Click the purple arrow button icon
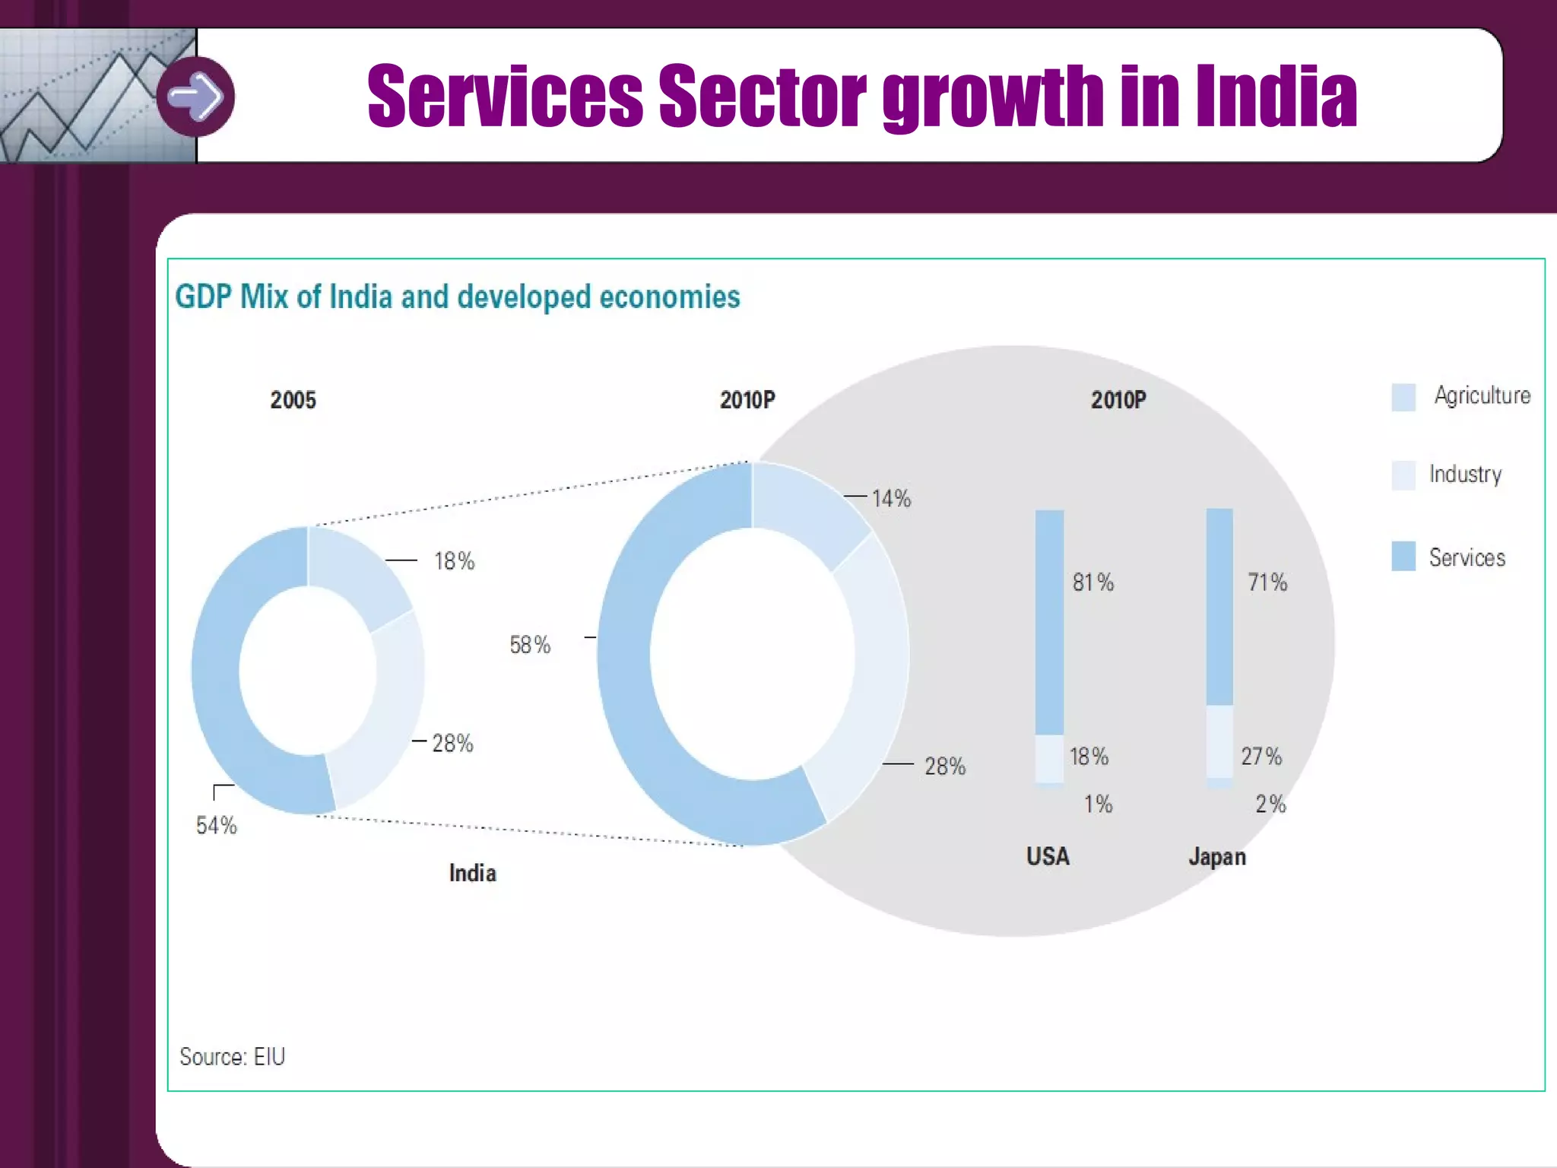(x=195, y=97)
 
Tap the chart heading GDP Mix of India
(x=457, y=297)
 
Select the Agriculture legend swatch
(x=1403, y=397)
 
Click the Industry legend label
(x=1465, y=474)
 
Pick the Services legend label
(x=1467, y=557)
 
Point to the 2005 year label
(x=293, y=400)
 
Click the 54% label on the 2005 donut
(x=217, y=825)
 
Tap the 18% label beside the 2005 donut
(x=454, y=561)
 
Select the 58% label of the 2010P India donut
(x=530, y=645)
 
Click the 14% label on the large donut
(x=891, y=499)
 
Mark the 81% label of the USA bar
(x=1092, y=582)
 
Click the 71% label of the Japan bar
(x=1267, y=582)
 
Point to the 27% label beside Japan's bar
(x=1261, y=757)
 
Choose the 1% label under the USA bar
(x=1098, y=804)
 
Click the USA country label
(x=1048, y=856)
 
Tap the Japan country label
(x=1217, y=857)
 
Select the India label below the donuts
(x=472, y=873)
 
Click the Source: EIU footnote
(x=232, y=1056)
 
